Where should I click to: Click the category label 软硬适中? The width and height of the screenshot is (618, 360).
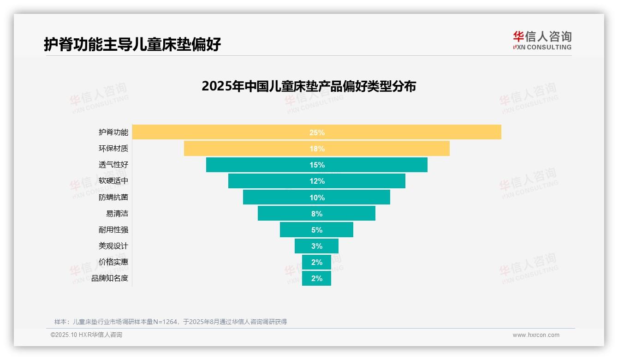[x=113, y=181]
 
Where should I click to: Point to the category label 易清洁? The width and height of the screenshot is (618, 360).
[x=117, y=214]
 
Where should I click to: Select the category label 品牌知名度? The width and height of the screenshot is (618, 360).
[x=110, y=278]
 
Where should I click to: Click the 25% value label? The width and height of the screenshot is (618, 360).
[x=317, y=132]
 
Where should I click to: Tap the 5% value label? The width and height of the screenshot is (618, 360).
[x=317, y=230]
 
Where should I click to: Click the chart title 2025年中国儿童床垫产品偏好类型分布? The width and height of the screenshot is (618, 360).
[x=309, y=86]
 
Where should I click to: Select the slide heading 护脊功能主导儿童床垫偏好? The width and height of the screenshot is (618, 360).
[x=132, y=44]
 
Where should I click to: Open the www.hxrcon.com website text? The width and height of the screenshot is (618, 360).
[x=536, y=335]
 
